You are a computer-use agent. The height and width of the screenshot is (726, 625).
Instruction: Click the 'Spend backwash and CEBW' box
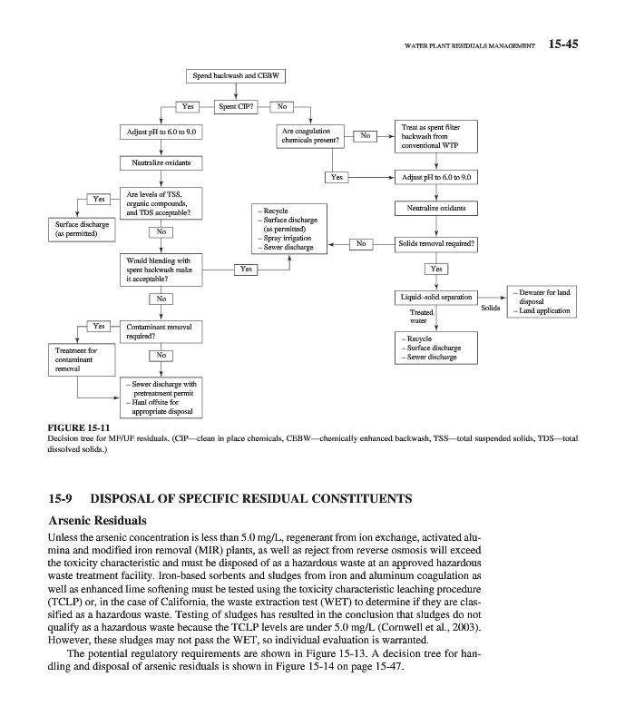236,75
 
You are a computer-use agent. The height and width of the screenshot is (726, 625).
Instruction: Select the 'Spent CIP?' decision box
237,106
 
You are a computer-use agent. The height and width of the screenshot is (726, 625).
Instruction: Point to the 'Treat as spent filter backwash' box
436,136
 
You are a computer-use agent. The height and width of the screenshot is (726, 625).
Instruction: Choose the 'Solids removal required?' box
436,244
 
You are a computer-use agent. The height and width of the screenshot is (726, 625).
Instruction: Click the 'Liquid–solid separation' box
436,298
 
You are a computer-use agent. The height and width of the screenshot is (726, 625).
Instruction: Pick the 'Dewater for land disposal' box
542,301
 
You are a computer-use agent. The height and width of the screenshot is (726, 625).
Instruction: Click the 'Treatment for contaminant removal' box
76,359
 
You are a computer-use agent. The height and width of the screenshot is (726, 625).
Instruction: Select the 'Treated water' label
421,317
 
